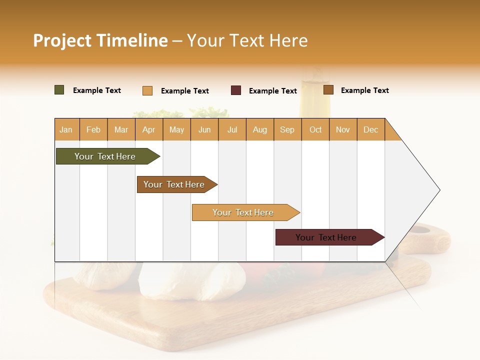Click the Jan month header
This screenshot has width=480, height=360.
[x=66, y=129]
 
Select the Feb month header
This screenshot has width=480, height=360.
[x=93, y=129]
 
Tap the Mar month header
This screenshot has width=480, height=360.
[x=121, y=129]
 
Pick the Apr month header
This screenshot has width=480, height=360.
[x=148, y=129]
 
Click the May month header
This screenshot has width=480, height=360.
[x=176, y=129]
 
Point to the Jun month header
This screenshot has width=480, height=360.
[x=204, y=129]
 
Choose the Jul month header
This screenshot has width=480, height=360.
[x=232, y=129]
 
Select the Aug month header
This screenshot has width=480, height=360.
[x=259, y=129]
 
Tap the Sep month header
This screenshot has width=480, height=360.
[x=287, y=129]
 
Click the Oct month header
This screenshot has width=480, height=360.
[x=315, y=129]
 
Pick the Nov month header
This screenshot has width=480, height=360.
[x=342, y=129]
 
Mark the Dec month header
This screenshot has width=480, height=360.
[x=370, y=129]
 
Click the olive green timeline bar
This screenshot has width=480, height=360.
[x=105, y=156]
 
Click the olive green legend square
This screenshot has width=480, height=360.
[x=59, y=90]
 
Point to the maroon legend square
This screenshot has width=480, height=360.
[x=236, y=90]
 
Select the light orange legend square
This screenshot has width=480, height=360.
[x=147, y=90]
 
